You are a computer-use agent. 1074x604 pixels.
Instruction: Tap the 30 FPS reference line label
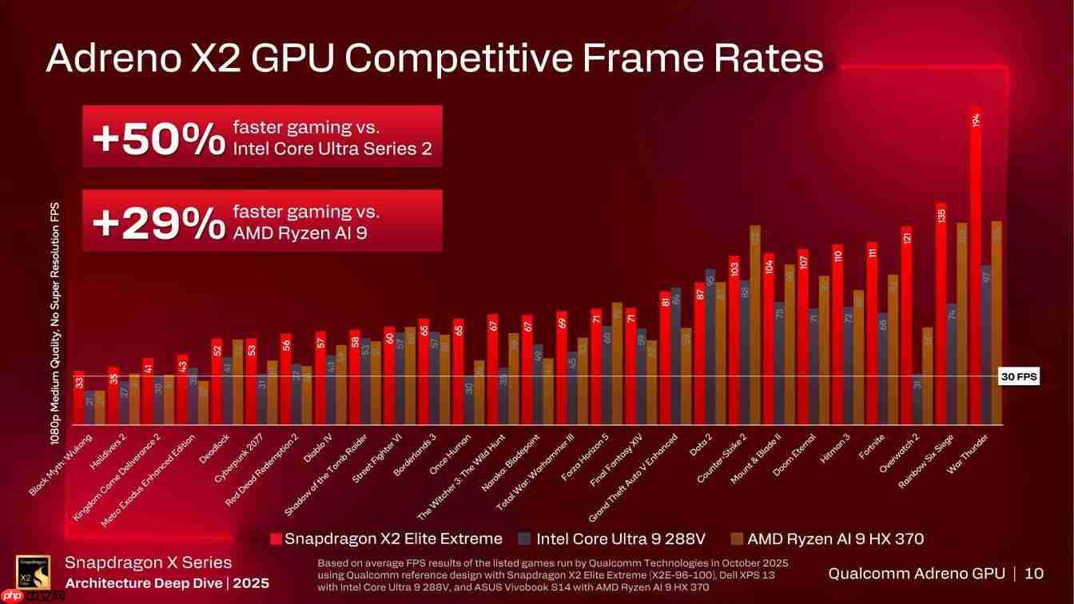(x=1019, y=377)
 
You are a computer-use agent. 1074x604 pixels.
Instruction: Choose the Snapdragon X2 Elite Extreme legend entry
(x=386, y=538)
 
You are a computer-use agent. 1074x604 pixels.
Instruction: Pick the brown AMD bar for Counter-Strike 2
(x=755, y=324)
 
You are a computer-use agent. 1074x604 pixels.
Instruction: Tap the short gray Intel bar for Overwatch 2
(x=917, y=399)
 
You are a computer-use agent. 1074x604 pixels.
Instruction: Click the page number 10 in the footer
(x=1033, y=573)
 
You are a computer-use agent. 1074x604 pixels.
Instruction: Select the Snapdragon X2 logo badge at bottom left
(x=33, y=572)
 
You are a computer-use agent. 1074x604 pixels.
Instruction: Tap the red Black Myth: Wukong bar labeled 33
(x=78, y=397)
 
